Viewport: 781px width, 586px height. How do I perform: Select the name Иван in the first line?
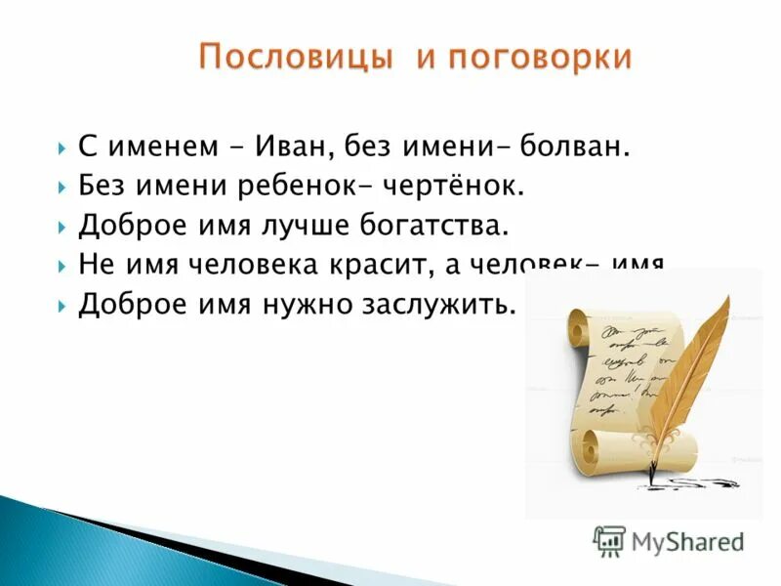tap(289, 147)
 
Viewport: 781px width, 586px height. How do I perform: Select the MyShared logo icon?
tap(609, 540)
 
